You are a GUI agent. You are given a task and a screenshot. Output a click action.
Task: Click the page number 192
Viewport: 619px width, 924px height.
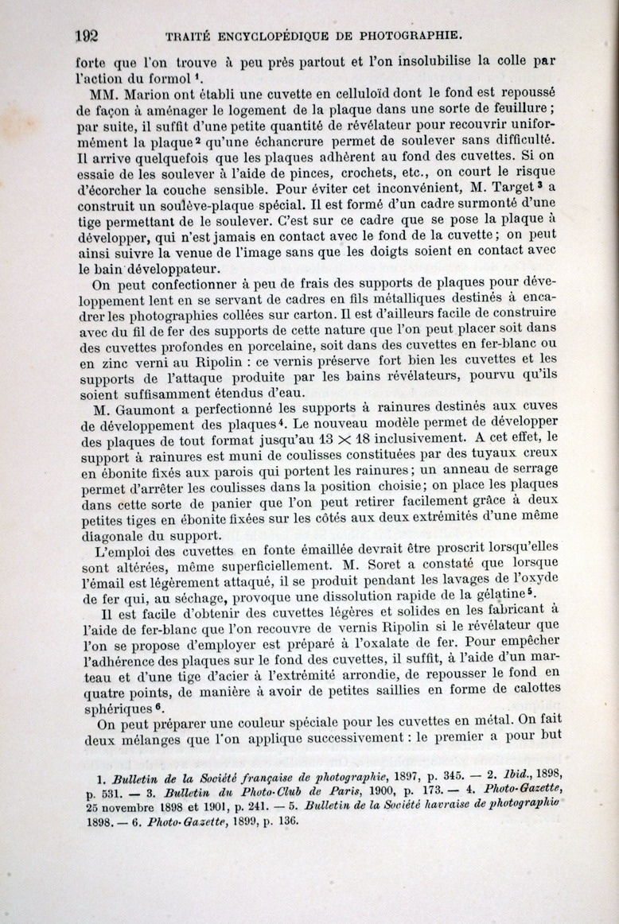tap(85, 35)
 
